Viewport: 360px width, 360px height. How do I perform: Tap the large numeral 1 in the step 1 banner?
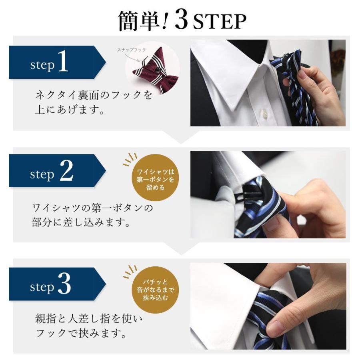point(63,62)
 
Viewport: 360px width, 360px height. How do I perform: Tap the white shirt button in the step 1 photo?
point(264,114)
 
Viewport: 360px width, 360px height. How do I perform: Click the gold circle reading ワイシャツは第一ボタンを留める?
point(155,178)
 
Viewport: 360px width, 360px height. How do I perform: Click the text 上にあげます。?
point(70,110)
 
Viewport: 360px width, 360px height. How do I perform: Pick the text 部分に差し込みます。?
point(81,223)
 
